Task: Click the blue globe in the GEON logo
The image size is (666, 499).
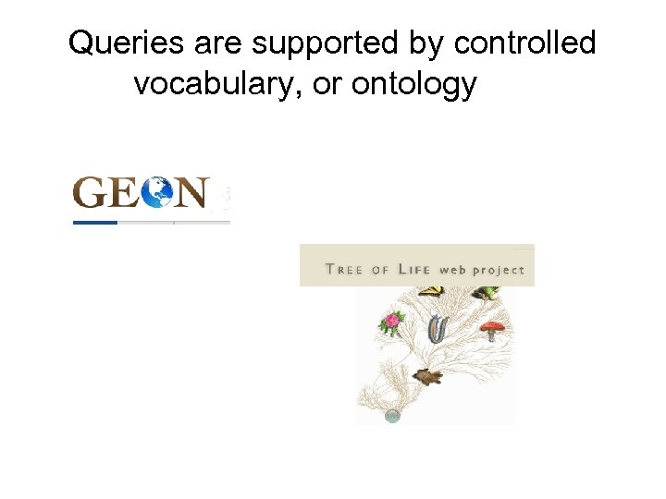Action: [158, 192]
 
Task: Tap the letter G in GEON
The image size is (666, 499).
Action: [92, 192]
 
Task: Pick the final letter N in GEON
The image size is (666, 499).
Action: [192, 192]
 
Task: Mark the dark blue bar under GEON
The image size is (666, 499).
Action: [95, 223]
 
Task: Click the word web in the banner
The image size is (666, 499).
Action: [452, 270]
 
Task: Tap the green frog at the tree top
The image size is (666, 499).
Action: [485, 293]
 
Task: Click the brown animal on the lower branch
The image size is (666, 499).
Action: [427, 376]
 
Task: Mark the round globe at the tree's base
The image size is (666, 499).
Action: [392, 416]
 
